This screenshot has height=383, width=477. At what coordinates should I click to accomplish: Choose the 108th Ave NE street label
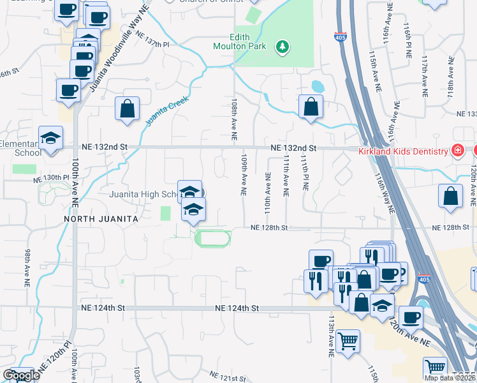tap(234, 120)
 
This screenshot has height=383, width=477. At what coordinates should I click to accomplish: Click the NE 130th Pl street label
tap(52, 177)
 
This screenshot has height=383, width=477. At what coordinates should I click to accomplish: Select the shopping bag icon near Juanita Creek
tap(128, 109)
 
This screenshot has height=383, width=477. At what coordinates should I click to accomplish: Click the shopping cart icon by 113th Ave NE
tap(348, 342)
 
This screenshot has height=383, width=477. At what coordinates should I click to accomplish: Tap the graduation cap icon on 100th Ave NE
tap(49, 138)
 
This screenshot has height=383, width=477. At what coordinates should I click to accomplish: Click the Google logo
tap(21, 375)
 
